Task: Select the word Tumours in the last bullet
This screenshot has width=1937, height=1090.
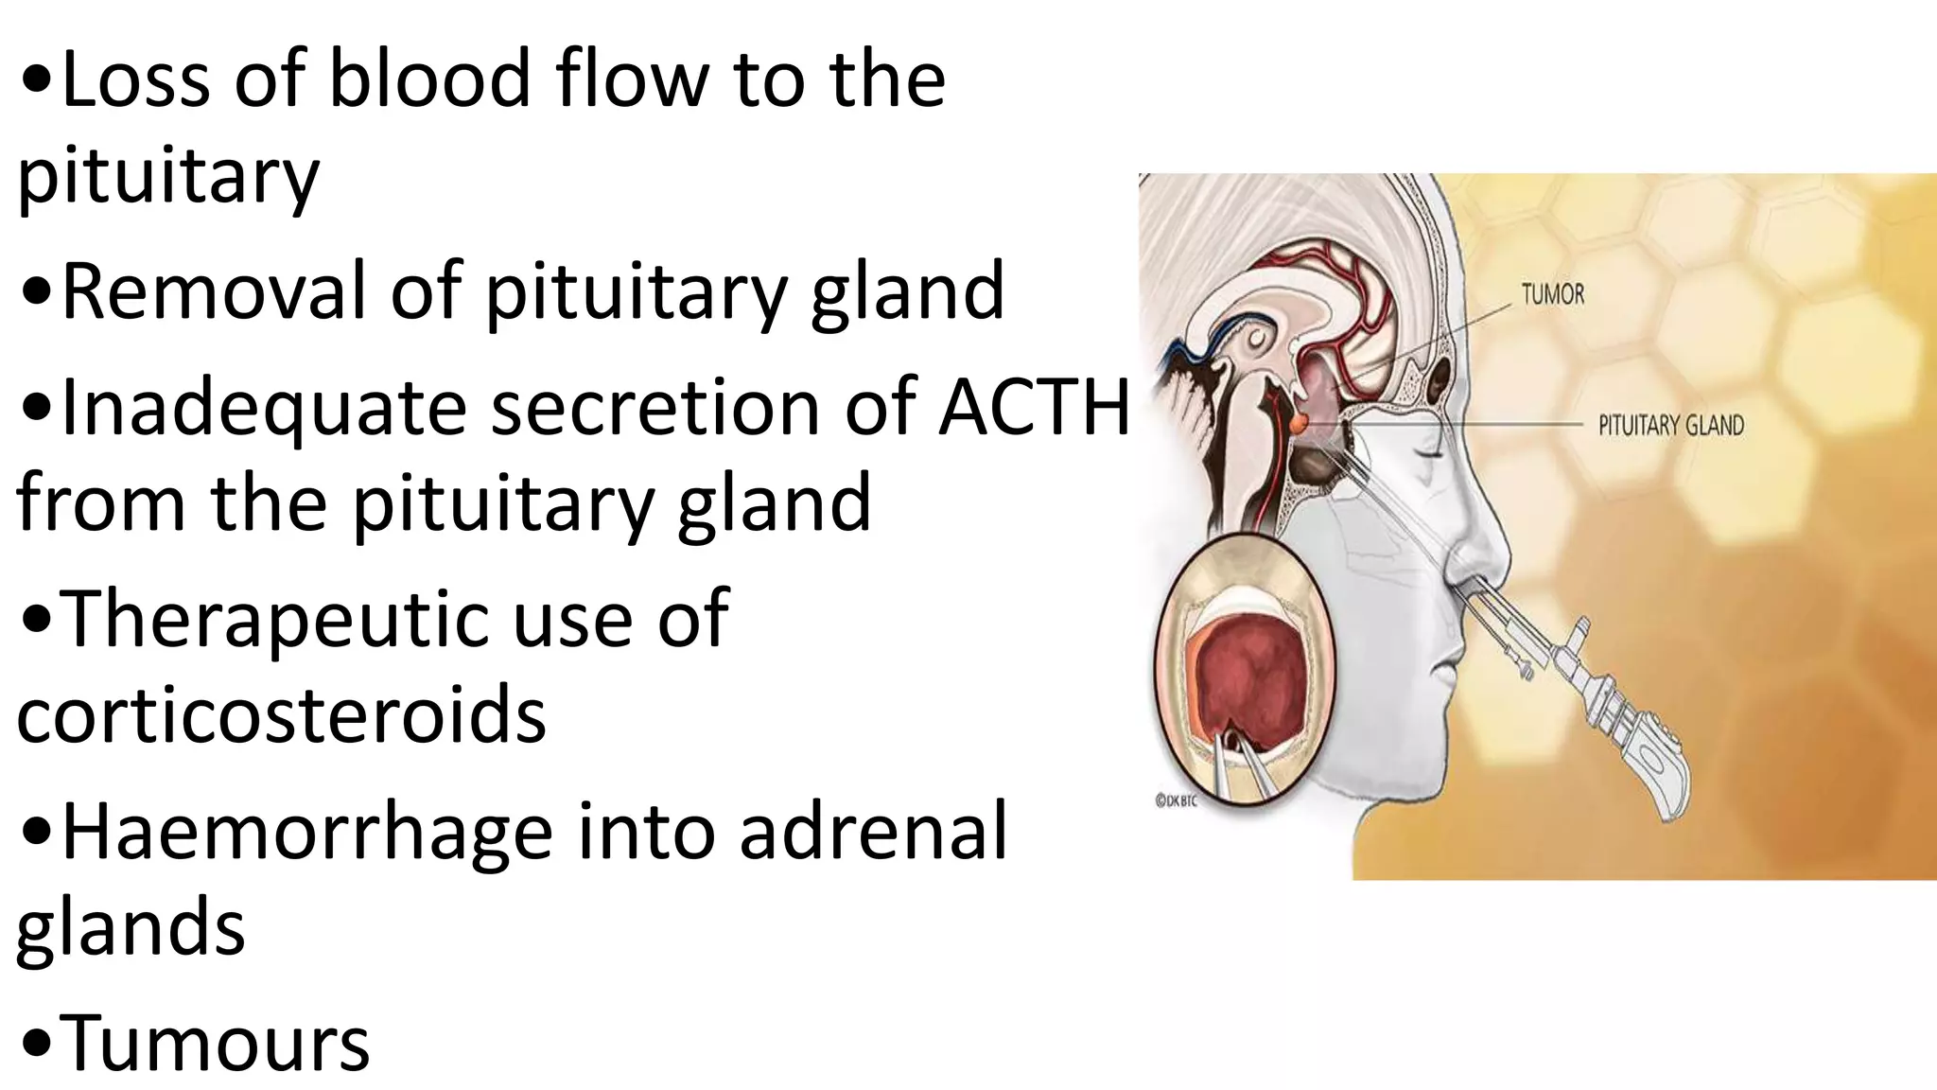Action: pos(215,1043)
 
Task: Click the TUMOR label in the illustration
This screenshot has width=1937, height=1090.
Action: pos(1552,295)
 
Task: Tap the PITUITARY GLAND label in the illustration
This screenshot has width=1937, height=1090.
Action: pos(1670,426)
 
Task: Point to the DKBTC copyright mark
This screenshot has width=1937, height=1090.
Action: pos(1177,800)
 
